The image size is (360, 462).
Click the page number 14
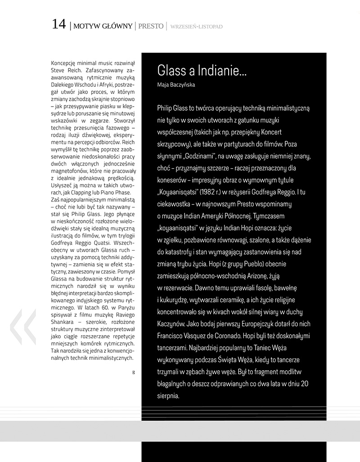[59, 25]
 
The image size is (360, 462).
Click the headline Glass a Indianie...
[202, 71]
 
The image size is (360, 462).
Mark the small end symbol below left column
[134, 372]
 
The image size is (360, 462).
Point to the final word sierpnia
[169, 396]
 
